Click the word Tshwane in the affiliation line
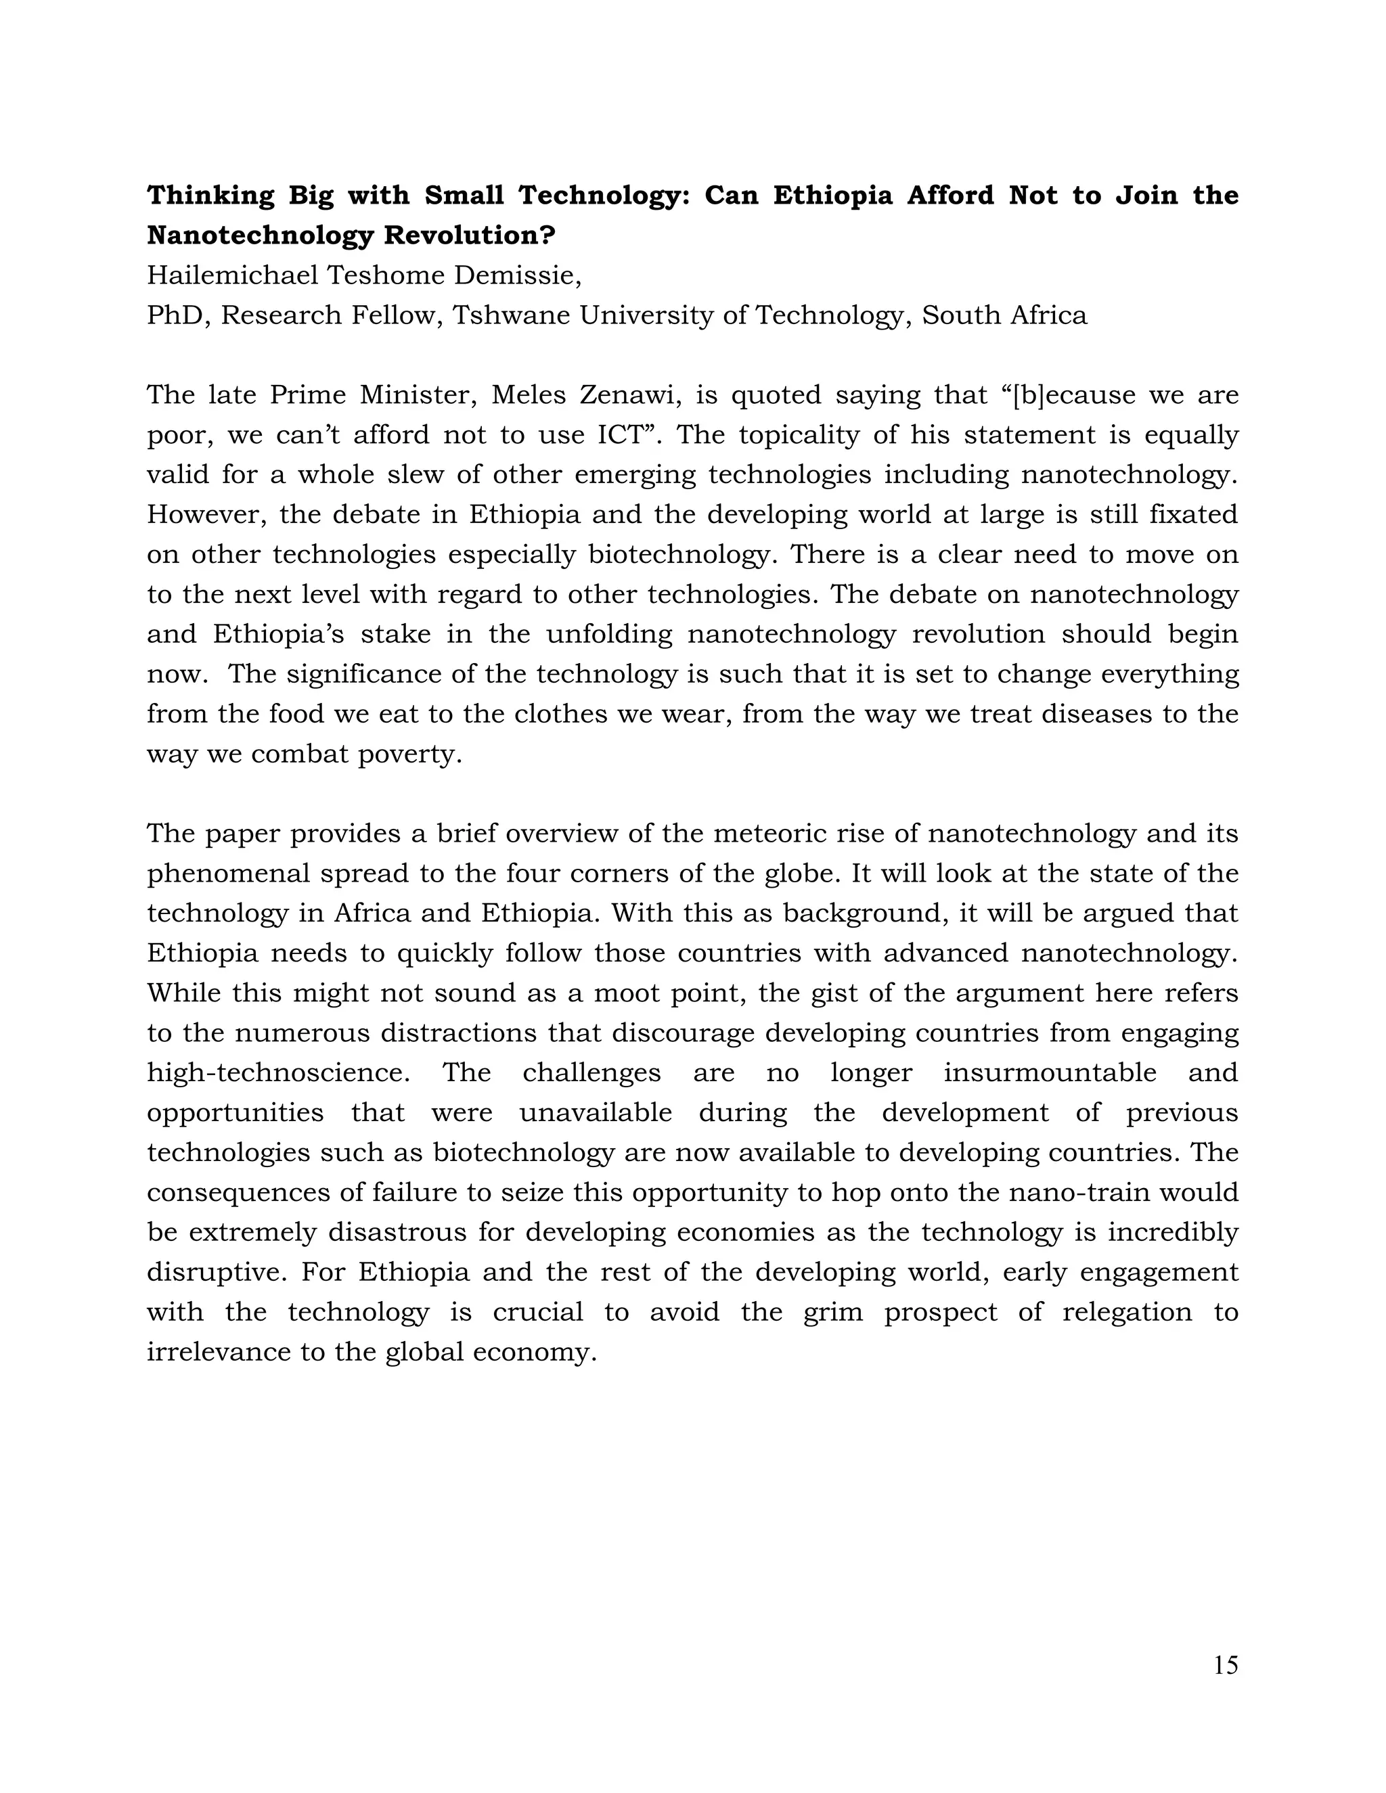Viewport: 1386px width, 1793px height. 512,315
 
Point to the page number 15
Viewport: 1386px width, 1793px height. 1225,1665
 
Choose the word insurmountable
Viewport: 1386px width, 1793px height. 1050,1073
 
